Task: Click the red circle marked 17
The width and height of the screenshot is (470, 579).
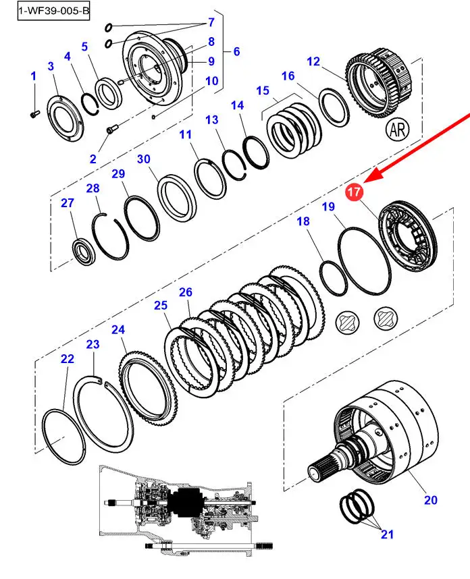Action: click(354, 192)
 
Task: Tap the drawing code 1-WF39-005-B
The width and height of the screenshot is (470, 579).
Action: click(53, 11)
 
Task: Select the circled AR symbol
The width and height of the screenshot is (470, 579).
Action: click(398, 130)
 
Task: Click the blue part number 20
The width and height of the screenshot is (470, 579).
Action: click(430, 500)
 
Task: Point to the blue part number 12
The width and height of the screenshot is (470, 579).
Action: click(313, 61)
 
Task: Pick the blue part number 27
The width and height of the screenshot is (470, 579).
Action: click(68, 202)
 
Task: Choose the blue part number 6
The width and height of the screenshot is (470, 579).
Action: click(236, 51)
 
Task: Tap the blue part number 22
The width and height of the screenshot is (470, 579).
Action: click(68, 358)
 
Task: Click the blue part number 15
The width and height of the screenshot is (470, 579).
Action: click(262, 90)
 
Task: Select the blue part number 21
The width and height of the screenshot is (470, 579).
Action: click(387, 534)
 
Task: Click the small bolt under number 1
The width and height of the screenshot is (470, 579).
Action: click(33, 115)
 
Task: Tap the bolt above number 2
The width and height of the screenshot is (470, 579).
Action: click(111, 130)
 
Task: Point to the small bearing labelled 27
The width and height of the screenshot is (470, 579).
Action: click(84, 252)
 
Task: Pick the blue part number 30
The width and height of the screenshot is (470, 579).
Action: click(143, 159)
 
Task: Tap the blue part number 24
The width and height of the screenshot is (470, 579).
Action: click(118, 329)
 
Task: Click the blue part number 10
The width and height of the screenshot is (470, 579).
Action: click(212, 80)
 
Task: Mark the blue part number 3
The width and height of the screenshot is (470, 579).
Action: click(51, 66)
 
